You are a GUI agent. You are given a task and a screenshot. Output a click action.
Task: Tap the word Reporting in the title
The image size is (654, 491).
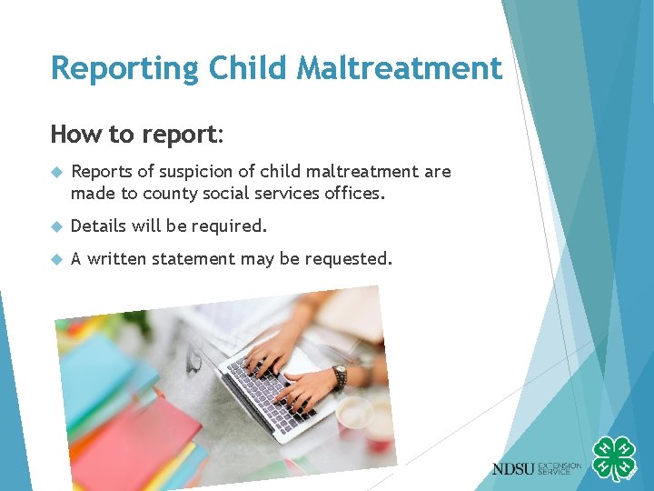pyautogui.click(x=124, y=68)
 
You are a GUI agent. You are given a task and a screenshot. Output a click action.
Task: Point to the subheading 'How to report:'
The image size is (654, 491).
pyautogui.click(x=136, y=135)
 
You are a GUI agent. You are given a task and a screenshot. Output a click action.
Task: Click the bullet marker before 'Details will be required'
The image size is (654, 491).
pyautogui.click(x=56, y=225)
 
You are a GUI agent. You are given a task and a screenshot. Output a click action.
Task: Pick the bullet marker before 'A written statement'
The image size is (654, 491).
pyautogui.click(x=56, y=259)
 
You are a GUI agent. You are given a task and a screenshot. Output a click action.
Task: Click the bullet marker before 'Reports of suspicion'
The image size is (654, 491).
pyautogui.click(x=56, y=172)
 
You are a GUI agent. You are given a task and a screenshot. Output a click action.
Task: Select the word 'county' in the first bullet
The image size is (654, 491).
pyautogui.click(x=167, y=194)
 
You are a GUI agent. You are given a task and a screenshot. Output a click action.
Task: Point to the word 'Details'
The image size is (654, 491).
pyautogui.click(x=100, y=225)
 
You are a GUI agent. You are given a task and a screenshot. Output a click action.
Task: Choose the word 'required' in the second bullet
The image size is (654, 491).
pyautogui.click(x=233, y=225)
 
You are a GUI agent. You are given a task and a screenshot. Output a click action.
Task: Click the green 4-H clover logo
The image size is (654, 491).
pyautogui.click(x=614, y=459)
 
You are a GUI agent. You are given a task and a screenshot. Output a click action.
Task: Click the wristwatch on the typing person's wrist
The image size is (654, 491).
pyautogui.click(x=340, y=376)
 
